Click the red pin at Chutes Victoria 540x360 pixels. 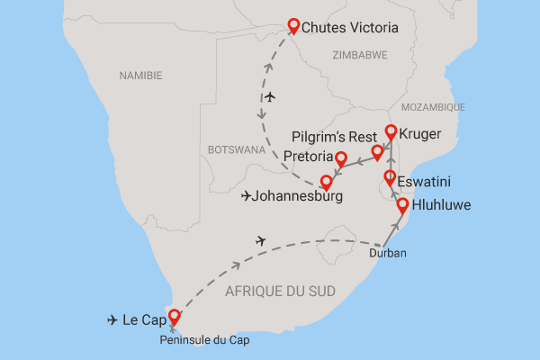click(x=292, y=26)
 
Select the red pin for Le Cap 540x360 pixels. click(x=174, y=317)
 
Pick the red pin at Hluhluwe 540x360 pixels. click(x=402, y=204)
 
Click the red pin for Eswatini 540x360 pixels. click(x=390, y=177)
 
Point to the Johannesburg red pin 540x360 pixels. click(x=327, y=182)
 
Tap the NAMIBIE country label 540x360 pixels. click(x=143, y=77)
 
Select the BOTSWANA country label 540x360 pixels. click(x=237, y=149)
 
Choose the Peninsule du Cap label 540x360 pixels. click(x=202, y=339)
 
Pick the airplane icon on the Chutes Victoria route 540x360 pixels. click(x=271, y=97)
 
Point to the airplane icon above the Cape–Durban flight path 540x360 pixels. click(x=261, y=240)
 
